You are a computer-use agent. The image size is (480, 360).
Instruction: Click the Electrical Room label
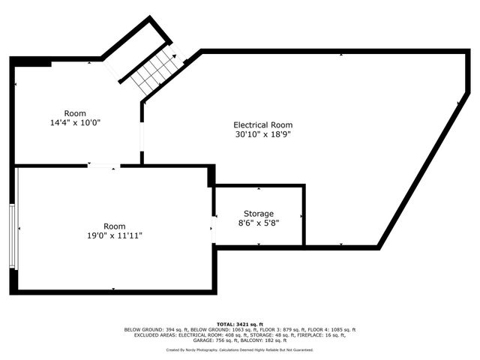click(262, 125)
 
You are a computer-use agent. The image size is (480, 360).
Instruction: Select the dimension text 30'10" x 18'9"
click(262, 135)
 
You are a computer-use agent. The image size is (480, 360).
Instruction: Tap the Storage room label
click(259, 214)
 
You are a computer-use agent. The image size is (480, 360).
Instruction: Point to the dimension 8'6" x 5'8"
click(259, 223)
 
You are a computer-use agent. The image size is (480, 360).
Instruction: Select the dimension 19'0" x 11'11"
click(114, 235)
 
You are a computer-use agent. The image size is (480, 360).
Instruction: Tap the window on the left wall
click(12, 235)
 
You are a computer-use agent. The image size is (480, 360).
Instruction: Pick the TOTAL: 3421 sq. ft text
click(240, 324)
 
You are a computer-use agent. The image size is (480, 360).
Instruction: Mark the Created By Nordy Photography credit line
click(240, 349)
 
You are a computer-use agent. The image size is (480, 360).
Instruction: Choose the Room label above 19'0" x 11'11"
click(114, 226)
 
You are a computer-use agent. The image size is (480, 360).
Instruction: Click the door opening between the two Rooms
click(103, 166)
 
